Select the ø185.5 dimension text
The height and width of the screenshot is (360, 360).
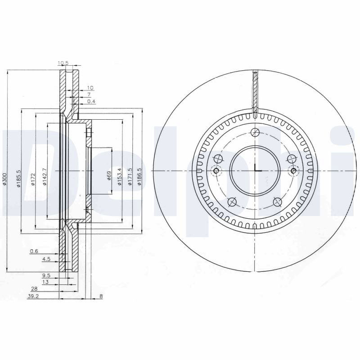[18, 179]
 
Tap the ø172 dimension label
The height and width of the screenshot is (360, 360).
[33, 180]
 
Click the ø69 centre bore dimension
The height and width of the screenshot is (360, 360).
[109, 175]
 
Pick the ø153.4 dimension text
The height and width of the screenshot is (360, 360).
[119, 177]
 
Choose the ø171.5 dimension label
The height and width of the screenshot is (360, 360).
[130, 177]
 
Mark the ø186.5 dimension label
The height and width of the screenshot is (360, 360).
[139, 177]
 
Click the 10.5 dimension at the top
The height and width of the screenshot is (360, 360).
[63, 63]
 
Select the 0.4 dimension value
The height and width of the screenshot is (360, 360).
[91, 101]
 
